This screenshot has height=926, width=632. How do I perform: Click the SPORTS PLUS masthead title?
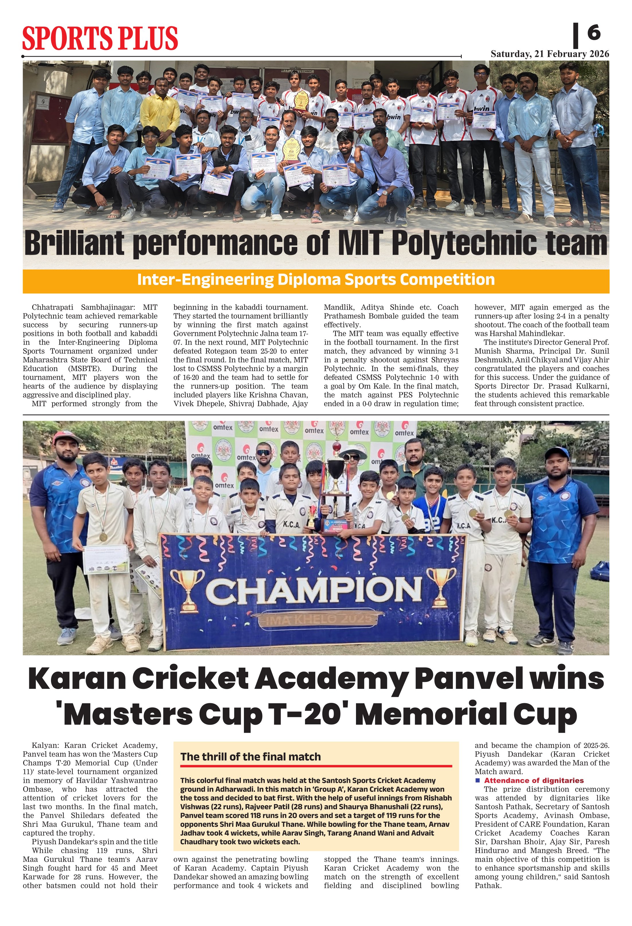99,38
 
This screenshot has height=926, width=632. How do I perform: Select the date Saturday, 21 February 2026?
549,54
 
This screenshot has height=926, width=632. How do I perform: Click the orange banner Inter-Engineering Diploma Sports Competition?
316,280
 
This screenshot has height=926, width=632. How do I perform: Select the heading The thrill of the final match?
251,757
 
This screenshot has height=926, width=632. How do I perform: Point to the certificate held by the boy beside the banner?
106,559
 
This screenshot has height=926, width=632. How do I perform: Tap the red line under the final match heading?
316,766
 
